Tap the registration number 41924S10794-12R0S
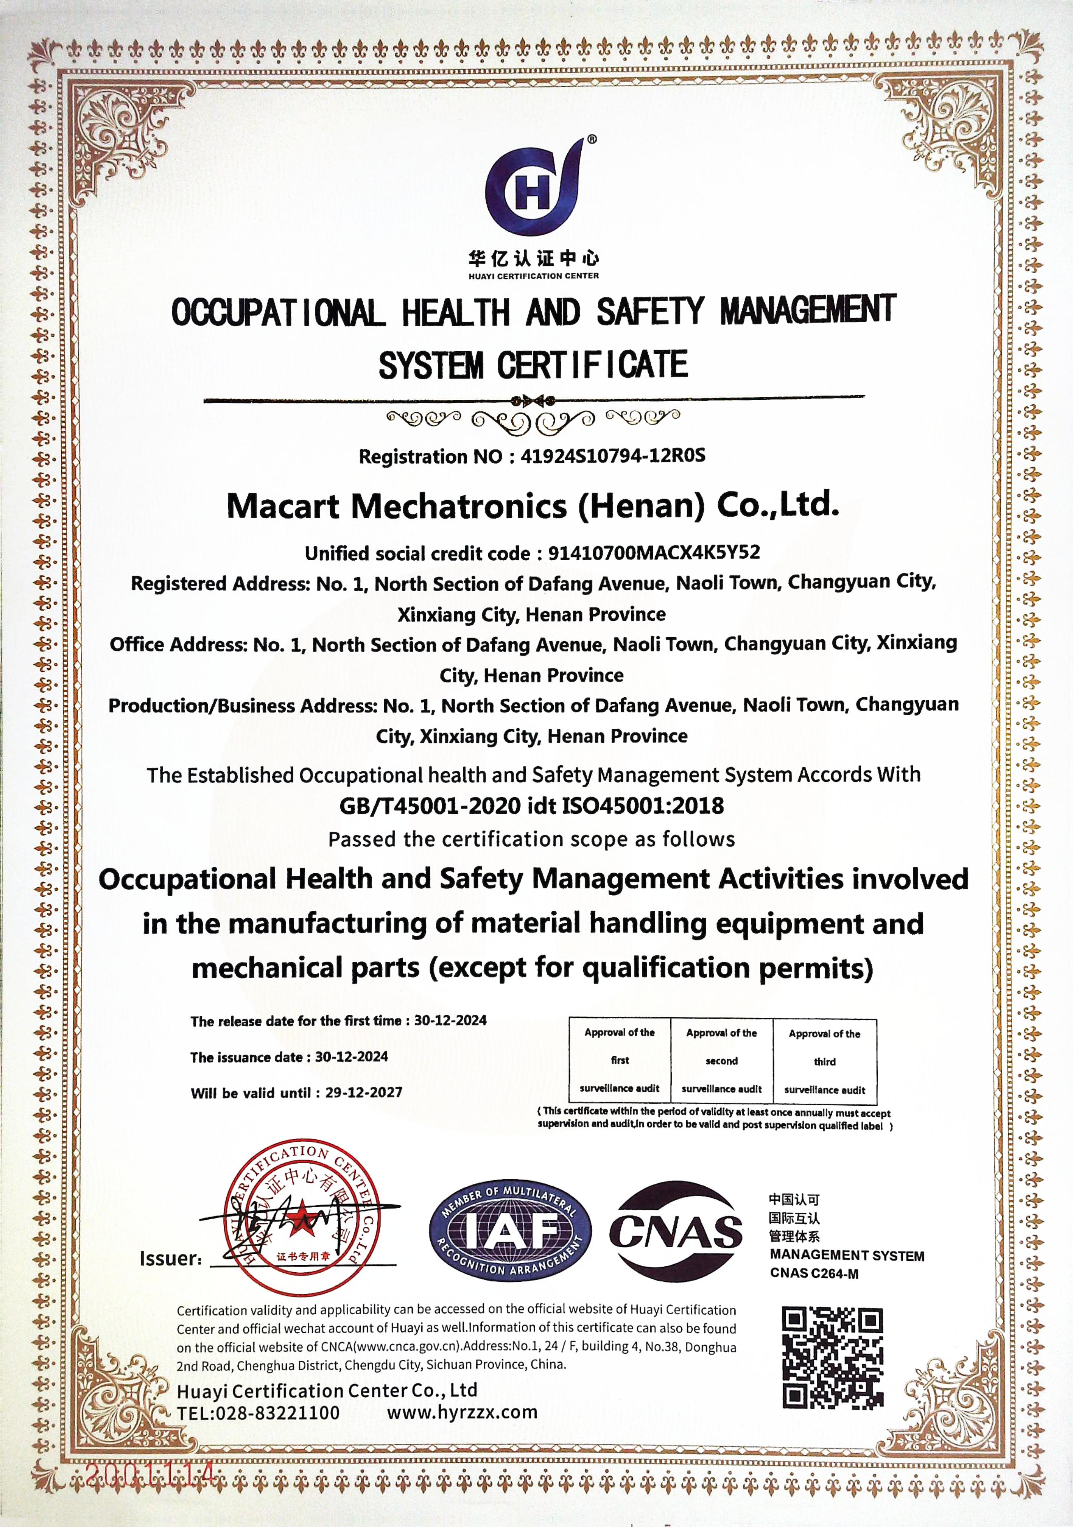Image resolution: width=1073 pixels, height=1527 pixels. [x=613, y=456]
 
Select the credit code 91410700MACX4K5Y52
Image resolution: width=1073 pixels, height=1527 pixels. [x=654, y=553]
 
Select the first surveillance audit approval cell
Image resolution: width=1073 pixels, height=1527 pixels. [x=620, y=1060]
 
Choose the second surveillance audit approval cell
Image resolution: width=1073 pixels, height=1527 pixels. [x=721, y=1061]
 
